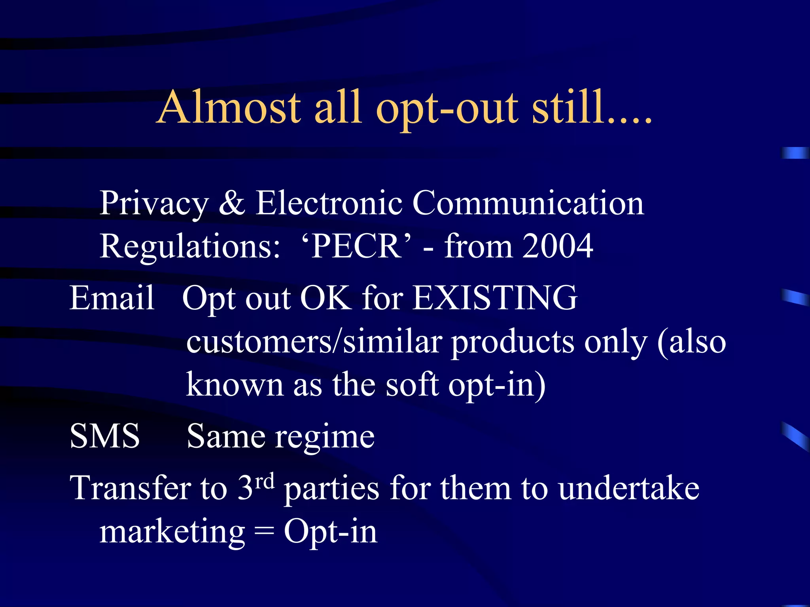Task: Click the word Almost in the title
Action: pyautogui.click(x=229, y=107)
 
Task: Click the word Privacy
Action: pyautogui.click(x=154, y=204)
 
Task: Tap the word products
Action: pyautogui.click(x=513, y=342)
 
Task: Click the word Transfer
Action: pyautogui.click(x=131, y=488)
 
